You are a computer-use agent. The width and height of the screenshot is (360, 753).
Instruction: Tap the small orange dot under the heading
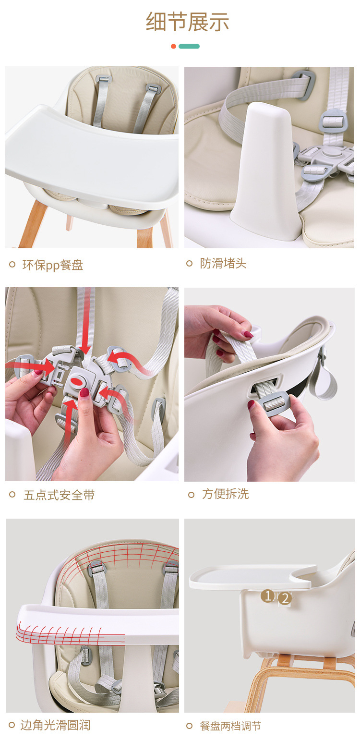173,46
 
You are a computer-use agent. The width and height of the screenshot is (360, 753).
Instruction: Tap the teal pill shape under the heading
189,46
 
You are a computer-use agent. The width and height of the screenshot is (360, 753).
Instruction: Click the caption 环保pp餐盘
53,265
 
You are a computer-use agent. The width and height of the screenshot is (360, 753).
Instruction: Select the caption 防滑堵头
223,263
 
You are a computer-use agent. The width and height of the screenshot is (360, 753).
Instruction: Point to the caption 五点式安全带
59,495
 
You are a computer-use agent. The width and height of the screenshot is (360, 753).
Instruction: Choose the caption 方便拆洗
225,494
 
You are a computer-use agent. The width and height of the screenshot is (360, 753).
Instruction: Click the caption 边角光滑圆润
55,725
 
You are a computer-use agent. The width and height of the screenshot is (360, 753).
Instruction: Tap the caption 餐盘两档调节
230,726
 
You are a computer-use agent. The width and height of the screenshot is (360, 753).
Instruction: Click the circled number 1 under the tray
268,596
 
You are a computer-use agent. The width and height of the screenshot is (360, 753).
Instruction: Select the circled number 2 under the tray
285,598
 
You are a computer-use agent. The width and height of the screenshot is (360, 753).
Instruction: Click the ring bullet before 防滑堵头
189,263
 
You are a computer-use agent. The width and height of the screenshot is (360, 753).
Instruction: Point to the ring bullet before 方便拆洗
191,494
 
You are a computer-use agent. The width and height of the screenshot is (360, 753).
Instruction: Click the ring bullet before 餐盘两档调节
190,726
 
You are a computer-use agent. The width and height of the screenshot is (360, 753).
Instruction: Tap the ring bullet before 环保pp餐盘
12,264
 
